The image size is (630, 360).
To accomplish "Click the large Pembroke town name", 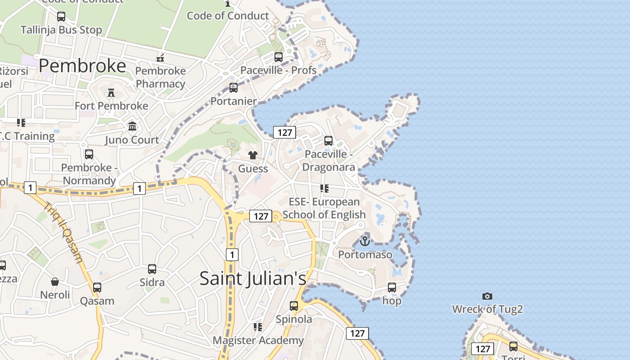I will point(82,66).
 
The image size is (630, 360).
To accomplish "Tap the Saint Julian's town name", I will point(252,278).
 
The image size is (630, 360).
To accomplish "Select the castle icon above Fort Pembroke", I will point(111,93).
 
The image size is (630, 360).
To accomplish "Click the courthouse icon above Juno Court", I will point(132,126).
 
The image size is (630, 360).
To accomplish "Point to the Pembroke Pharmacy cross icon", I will point(160,58).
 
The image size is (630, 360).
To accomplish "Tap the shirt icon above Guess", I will point(253,155).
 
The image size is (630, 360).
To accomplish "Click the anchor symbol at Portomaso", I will point(365,241).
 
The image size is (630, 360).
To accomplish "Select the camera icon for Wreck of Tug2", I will point(487,296).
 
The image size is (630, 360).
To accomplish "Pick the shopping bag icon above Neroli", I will point(55,282).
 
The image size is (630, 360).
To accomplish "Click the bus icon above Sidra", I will point(152,269).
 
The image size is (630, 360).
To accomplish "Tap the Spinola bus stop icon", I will point(294,306).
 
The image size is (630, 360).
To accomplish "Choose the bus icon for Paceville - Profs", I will point(279,57).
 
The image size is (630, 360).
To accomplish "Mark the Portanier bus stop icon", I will point(234,88).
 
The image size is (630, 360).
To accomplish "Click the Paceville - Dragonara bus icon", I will point(328,141).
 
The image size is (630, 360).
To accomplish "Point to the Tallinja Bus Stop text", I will point(61,30).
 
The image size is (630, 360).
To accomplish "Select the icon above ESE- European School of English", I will point(324,189).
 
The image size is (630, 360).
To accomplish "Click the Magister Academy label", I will point(258,340).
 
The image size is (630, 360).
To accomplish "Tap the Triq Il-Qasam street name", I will point(63,232).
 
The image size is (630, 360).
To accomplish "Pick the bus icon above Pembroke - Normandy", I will point(89,154).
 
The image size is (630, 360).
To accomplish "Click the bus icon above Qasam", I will point(97,288).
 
